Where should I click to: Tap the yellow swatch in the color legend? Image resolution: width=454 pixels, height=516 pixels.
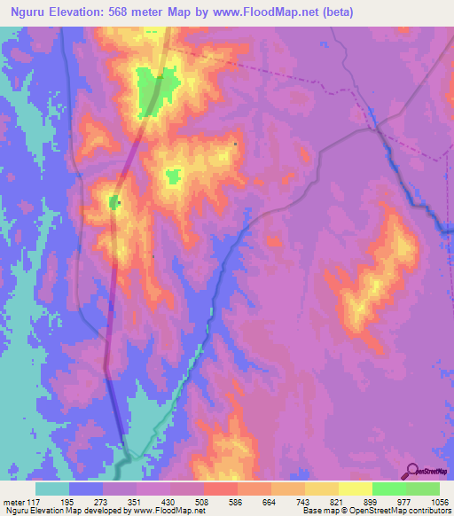355,489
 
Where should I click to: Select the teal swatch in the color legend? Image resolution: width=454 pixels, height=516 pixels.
52,489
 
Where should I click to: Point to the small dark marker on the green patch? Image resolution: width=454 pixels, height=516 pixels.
118,203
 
